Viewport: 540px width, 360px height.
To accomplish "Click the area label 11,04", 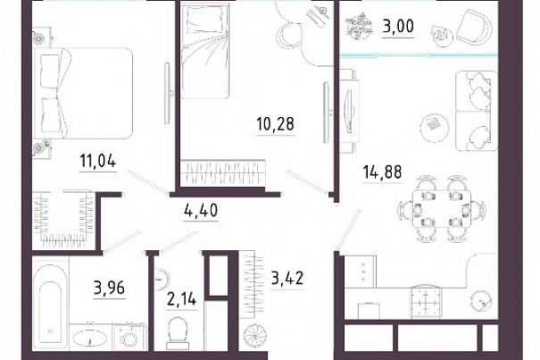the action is pos(98,161).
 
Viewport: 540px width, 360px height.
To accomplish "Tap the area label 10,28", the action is pos(275,124).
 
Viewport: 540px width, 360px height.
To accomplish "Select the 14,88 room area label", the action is pos(382,172).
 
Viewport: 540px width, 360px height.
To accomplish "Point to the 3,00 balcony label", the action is pos(398,26).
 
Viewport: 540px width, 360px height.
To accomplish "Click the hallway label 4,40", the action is pos(201,210).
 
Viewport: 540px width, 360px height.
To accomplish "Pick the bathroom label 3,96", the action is pos(109,288).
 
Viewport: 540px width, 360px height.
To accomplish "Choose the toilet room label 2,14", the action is pos(181,299).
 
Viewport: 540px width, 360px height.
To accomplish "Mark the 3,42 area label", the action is pos(287,279).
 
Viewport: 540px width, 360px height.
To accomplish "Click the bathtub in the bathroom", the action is pos(50,304).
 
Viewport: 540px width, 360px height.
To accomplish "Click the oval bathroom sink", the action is pos(89,338).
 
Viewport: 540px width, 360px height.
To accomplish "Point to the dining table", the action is pos(442,209).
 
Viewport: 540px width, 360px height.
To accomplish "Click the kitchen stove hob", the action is pos(426,303).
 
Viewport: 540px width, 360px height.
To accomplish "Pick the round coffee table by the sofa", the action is pos(435,127).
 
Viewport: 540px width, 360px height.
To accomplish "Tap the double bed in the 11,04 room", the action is pos(83,93).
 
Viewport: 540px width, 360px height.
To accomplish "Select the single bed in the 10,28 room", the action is pos(205,51).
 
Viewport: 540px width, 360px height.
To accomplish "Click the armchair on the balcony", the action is pos(475,28).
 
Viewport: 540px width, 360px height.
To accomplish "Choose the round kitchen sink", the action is pos(481,302).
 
